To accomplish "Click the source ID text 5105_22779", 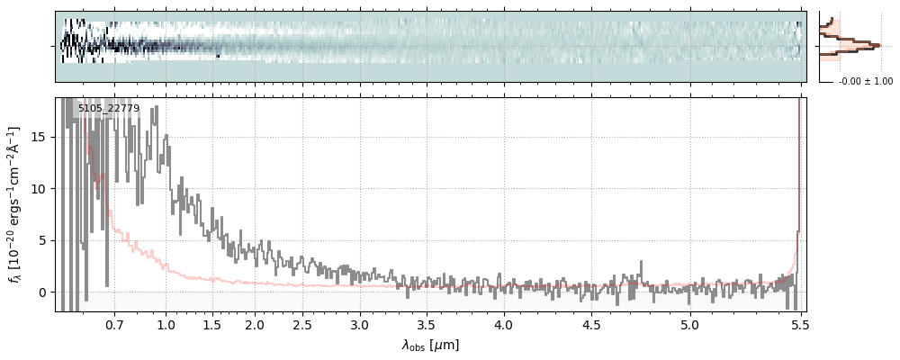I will [x=108, y=109].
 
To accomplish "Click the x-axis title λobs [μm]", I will [x=430, y=345].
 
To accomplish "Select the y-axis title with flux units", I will [x=14, y=204].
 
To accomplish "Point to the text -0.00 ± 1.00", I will [x=865, y=82].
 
